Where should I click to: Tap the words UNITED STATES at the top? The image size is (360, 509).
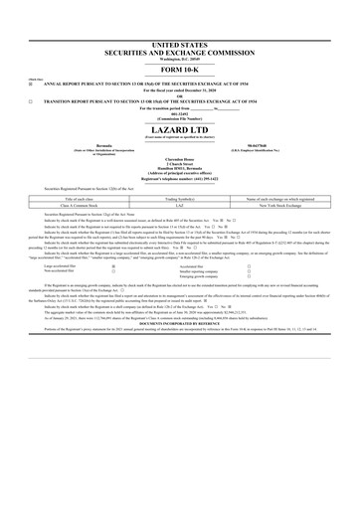tap(180, 17)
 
